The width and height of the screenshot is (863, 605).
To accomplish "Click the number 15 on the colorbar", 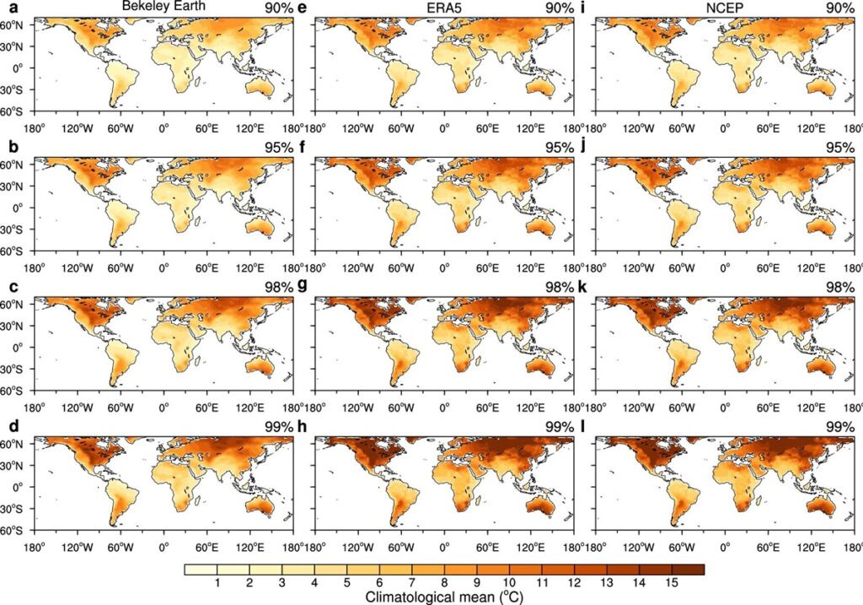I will pos(671,584).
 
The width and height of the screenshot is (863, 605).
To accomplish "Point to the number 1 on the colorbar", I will pos(217,584).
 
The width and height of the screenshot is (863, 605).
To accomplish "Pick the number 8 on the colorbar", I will pos(444,584).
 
